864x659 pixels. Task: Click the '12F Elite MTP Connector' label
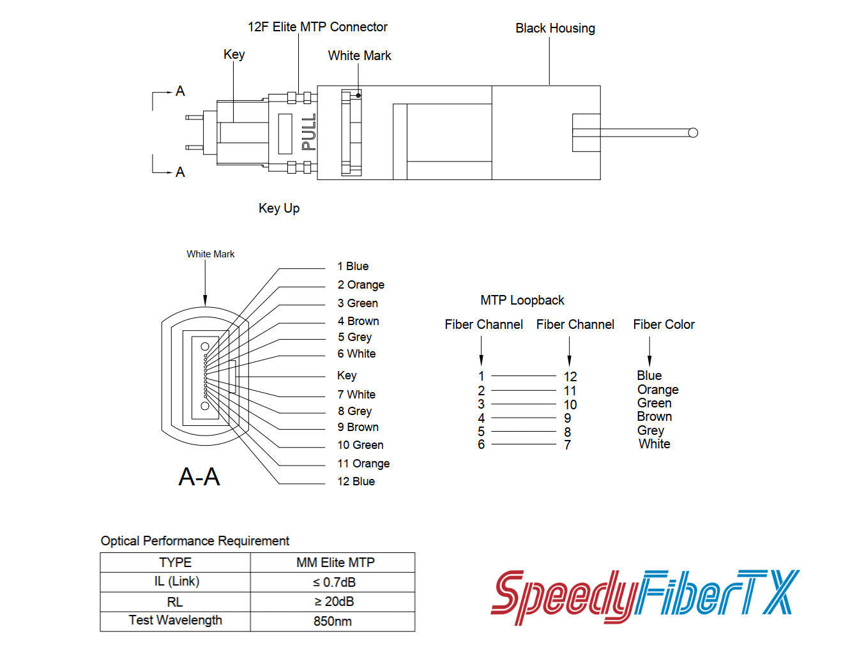click(317, 27)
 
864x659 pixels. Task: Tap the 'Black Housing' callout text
click(555, 28)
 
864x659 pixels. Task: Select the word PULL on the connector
click(309, 132)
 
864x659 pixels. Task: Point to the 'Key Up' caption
click(279, 208)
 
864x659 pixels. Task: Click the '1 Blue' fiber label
click(353, 266)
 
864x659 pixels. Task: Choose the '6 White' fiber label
click(356, 354)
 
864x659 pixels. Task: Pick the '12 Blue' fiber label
click(356, 481)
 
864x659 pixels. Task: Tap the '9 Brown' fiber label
click(358, 427)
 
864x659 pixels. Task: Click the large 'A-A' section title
click(199, 477)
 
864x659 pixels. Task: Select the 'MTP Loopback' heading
click(522, 300)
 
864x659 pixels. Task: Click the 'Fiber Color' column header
click(663, 324)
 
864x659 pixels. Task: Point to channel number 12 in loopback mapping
click(570, 377)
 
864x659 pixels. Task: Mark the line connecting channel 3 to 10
click(524, 404)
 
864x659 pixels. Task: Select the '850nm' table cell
click(333, 621)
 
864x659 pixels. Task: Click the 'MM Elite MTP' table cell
click(335, 563)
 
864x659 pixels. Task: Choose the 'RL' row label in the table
click(175, 602)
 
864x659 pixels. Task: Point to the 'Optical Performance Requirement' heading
click(195, 541)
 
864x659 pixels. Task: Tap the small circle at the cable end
click(693, 133)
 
